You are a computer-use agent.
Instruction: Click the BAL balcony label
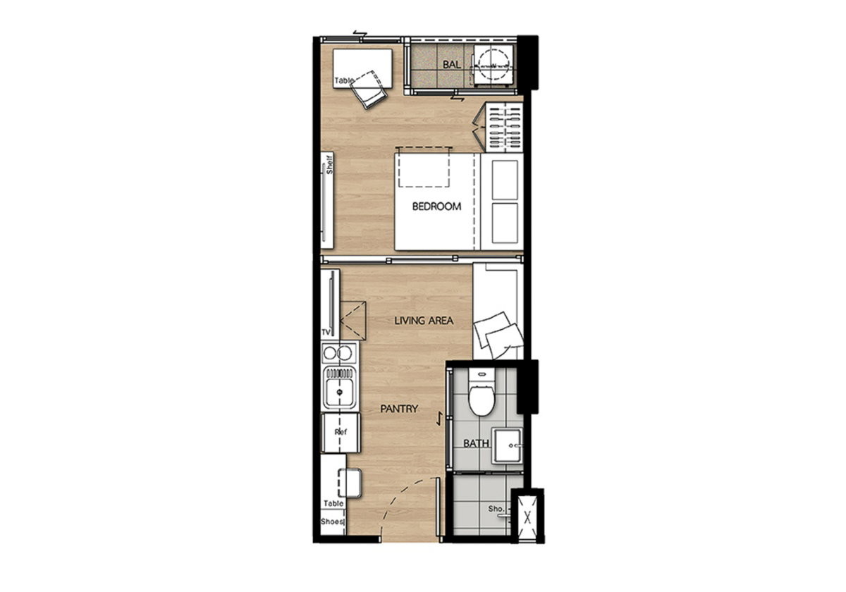(451, 65)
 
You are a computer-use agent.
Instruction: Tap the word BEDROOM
(436, 206)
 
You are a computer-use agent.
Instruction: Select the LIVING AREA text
(424, 321)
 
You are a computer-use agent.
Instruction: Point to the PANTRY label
(399, 409)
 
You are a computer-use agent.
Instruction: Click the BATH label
(476, 443)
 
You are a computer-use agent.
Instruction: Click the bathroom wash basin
(507, 446)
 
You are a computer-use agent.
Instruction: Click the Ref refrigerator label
(341, 431)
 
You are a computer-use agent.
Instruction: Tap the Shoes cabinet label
(332, 522)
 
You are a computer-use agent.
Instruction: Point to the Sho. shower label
(496, 509)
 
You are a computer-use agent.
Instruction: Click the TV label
(326, 332)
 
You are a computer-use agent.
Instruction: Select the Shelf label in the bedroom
(329, 164)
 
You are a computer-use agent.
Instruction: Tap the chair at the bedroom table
(369, 90)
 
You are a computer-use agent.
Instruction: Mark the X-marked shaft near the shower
(527, 517)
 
